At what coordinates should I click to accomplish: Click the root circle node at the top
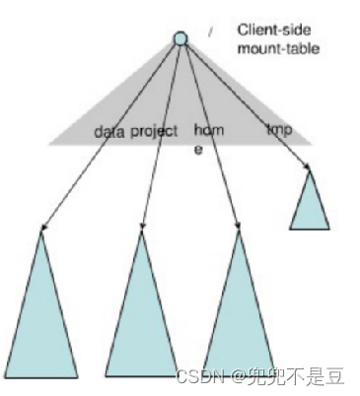click(180, 38)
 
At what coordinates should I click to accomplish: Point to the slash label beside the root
click(210, 33)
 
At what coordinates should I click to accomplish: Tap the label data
click(108, 131)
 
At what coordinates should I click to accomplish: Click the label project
click(154, 131)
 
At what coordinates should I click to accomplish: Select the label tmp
click(279, 129)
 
